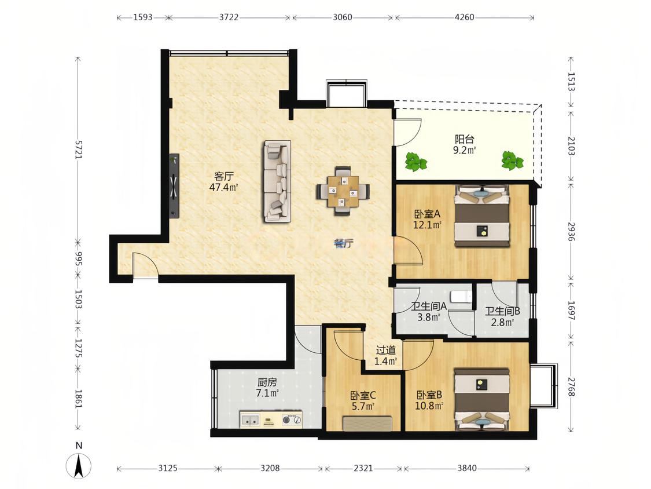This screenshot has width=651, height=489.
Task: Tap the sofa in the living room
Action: (277, 181)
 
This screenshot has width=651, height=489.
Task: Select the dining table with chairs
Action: (343, 191)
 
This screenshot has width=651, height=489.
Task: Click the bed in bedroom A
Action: (482, 216)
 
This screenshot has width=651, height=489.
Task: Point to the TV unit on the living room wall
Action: (174, 185)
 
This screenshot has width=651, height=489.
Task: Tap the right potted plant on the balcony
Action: (512, 160)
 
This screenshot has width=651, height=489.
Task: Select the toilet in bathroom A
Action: (461, 297)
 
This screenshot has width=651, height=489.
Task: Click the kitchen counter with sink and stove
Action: (271, 419)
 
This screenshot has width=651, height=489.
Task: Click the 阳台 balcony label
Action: (465, 139)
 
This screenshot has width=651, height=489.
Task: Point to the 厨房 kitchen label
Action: (267, 382)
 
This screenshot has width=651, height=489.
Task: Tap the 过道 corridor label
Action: (386, 351)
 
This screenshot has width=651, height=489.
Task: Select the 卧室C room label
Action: (363, 395)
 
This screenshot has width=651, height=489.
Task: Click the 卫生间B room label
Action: (503, 311)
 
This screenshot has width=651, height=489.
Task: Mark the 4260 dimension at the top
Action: (464, 17)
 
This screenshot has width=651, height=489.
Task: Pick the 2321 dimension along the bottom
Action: (363, 468)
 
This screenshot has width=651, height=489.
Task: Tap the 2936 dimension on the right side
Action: (571, 232)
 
